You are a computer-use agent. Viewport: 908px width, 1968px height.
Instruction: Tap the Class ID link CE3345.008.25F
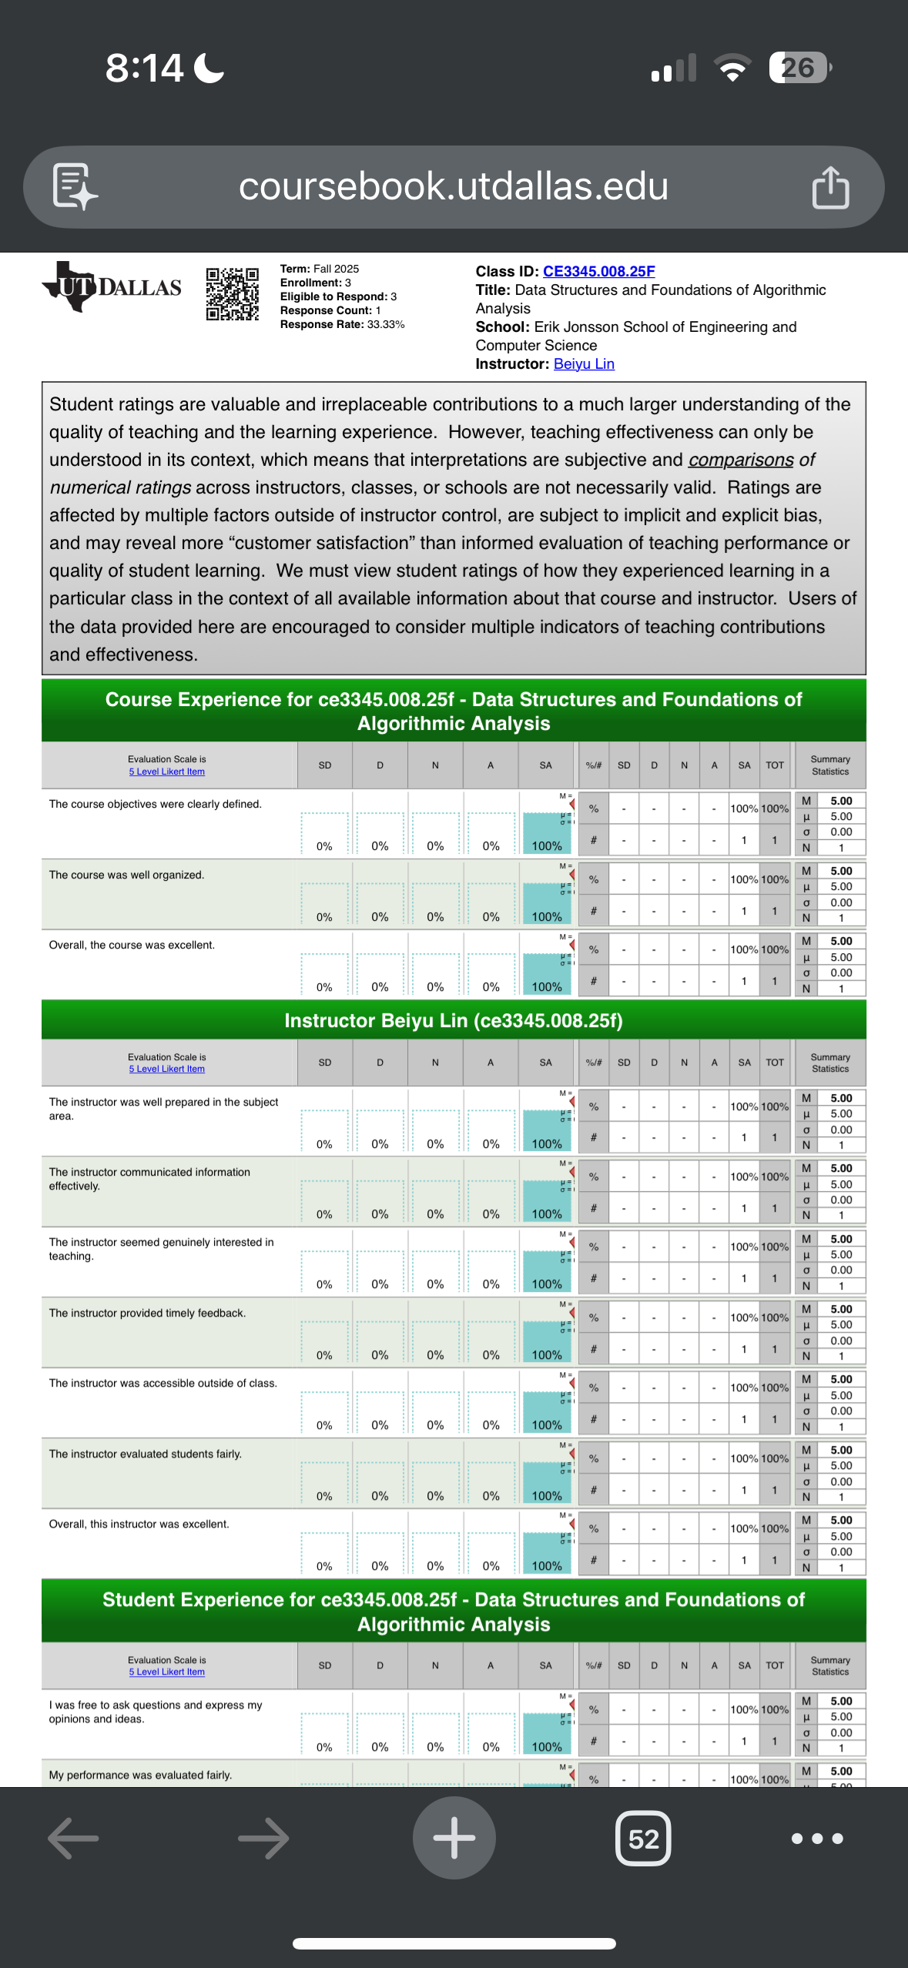598,271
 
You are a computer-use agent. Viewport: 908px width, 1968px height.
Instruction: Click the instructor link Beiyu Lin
584,363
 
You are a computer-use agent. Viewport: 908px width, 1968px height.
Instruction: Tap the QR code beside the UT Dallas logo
232,293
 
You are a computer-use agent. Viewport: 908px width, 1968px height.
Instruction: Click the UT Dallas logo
112,287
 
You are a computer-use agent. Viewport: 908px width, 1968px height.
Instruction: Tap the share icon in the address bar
830,187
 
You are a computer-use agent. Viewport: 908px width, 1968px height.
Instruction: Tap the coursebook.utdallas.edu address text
453,186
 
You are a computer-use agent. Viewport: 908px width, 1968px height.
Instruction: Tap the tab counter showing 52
643,1839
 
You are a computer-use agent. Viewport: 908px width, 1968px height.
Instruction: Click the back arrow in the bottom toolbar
73,1839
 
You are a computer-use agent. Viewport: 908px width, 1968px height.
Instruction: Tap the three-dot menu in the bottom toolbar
816,1839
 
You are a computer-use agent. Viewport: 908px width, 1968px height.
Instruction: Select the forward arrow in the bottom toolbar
263,1839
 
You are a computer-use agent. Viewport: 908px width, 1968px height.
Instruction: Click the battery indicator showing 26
799,68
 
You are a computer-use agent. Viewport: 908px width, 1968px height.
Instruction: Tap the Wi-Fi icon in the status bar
733,68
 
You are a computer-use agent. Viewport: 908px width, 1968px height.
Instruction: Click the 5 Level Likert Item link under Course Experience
167,771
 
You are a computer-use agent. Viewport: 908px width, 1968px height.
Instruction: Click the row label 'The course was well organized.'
126,875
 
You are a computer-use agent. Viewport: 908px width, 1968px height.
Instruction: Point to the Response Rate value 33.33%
386,324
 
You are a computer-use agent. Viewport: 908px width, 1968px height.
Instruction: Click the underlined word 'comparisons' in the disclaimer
741,460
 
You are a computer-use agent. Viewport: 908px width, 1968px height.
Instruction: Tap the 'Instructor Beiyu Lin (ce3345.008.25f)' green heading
454,1020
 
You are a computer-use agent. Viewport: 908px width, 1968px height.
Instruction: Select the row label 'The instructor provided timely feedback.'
147,1313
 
